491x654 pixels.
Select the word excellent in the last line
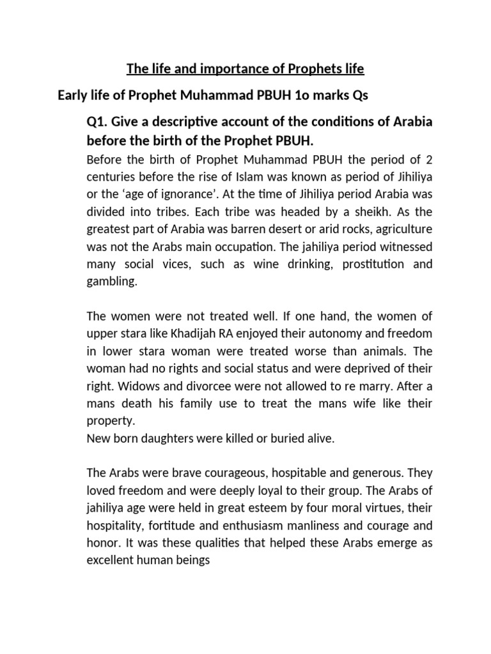tap(110, 561)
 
